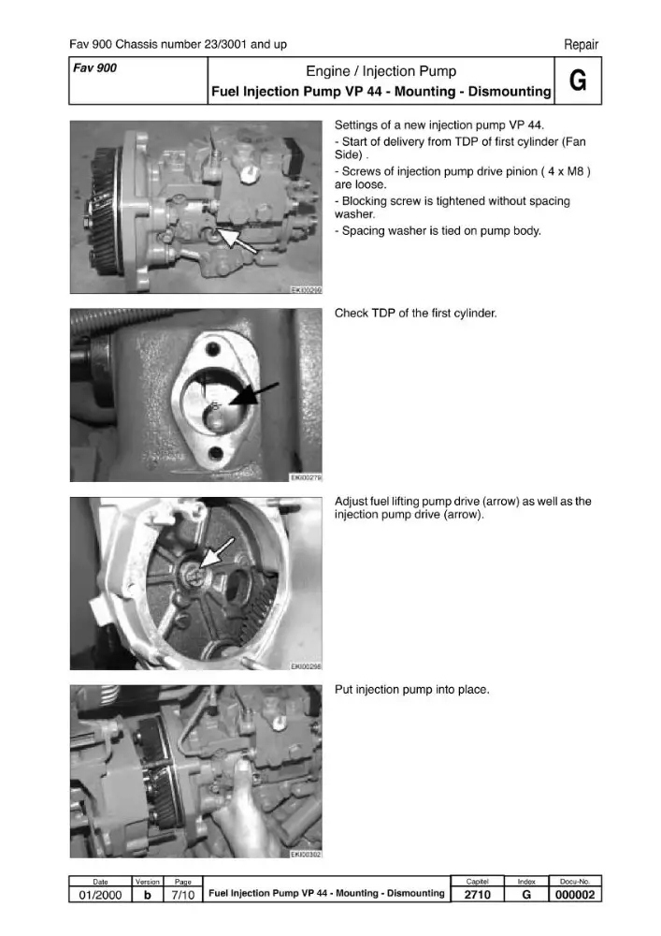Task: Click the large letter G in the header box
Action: [x=578, y=80]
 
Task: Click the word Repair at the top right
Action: [x=582, y=44]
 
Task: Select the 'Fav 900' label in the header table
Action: [x=94, y=68]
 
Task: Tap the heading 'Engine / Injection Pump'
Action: [x=381, y=71]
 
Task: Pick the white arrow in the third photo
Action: [x=216, y=552]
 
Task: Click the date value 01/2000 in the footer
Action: [x=100, y=894]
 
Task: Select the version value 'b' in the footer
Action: [x=147, y=894]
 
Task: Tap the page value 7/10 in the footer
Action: [x=183, y=894]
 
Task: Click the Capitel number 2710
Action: [x=478, y=894]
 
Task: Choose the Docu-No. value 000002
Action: [x=575, y=894]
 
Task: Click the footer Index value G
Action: [x=526, y=894]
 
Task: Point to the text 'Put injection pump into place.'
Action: [x=412, y=690]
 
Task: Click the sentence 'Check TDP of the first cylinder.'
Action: [x=415, y=313]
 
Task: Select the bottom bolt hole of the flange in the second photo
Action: [x=216, y=454]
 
